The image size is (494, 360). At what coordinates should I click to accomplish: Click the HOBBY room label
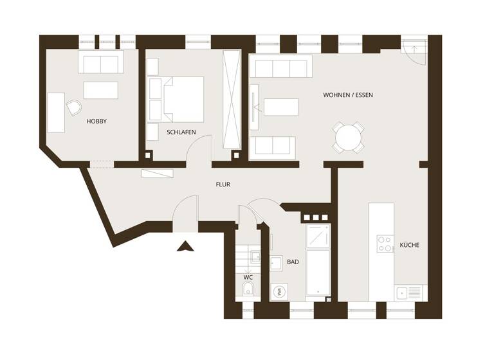point(96,121)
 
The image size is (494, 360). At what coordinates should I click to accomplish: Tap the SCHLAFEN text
point(181,132)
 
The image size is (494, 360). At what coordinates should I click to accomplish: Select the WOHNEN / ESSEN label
point(347,95)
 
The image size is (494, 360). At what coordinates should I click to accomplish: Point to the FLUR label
point(223,184)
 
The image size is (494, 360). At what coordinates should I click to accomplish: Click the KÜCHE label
point(410,245)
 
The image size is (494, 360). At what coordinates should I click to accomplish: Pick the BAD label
point(293,262)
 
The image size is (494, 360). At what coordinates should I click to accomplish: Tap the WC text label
point(248,277)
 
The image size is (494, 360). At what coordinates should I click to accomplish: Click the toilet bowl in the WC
point(248,290)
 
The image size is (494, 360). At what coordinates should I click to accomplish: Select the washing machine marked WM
point(280,291)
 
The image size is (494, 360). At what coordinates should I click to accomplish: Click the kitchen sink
point(410,292)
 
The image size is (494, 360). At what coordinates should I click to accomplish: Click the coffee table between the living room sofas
point(281,107)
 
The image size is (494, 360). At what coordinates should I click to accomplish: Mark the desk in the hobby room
point(56,113)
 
